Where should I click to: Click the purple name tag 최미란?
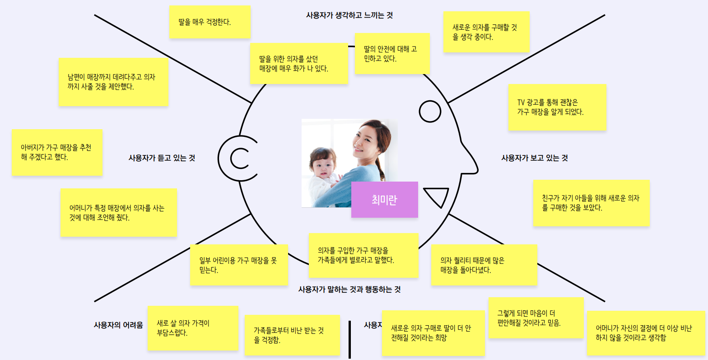pos(384,200)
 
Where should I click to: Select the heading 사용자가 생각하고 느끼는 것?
pos(349,15)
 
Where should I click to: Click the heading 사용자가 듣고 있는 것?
pos(162,158)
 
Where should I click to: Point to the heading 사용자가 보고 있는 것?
pos(534,158)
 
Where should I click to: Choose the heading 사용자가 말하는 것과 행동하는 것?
pos(349,290)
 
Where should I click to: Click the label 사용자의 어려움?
pos(118,325)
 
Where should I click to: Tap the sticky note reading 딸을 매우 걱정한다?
pos(210,22)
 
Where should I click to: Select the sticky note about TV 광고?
pos(557,107)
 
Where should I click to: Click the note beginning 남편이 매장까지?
pos(113,82)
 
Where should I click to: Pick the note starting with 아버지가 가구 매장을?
pos(57,152)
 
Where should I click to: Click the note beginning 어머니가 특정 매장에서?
pos(118,213)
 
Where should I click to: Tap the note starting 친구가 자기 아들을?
pos(591,203)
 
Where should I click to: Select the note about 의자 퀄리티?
pos(484,265)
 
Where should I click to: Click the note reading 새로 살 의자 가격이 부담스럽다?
pos(193,328)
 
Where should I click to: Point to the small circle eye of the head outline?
pos(430,111)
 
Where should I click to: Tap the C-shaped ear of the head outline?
pos(238,159)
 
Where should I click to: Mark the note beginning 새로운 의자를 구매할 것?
pos(486,32)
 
